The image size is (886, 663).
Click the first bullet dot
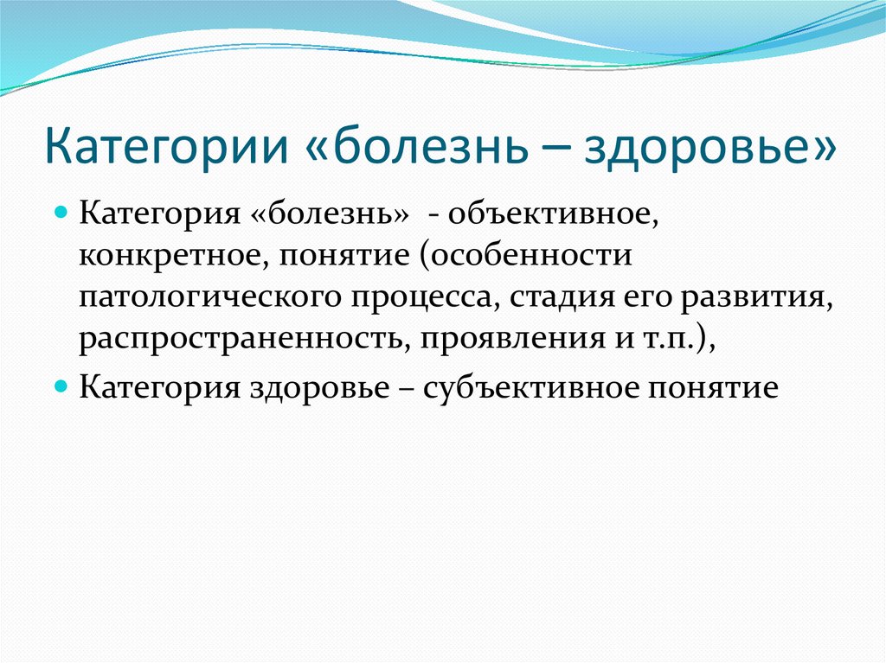(61, 212)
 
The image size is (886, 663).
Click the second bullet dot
(61, 383)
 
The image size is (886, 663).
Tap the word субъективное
(527, 385)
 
